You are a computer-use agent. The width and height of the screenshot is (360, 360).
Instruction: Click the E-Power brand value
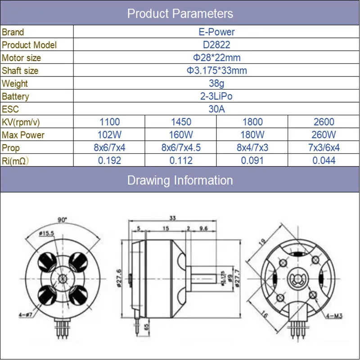[216, 32]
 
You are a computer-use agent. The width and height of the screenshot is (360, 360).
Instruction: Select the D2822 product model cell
[216, 45]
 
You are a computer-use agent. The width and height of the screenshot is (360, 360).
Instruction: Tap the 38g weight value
[216, 84]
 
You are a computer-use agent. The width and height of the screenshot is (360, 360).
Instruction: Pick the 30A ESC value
[216, 109]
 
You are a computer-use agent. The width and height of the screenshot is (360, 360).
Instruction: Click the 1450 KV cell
[181, 122]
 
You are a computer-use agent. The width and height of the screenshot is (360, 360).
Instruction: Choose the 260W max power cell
[324, 135]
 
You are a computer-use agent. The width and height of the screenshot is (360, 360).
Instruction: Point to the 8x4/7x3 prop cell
[252, 148]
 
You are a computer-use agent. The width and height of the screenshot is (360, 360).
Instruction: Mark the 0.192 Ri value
[109, 161]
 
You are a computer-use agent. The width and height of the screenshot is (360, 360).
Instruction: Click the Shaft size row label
[20, 71]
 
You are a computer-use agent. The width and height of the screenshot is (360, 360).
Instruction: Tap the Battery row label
[15, 97]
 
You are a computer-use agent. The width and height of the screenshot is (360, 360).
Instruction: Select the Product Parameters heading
[180, 13]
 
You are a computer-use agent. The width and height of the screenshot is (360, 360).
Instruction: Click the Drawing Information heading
[180, 180]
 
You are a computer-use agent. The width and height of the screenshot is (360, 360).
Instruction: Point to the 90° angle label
[62, 220]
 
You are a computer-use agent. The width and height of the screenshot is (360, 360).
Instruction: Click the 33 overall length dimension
[173, 218]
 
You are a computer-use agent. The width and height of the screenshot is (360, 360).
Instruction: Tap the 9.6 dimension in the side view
[204, 229]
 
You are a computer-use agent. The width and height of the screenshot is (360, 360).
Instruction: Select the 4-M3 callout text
[334, 316]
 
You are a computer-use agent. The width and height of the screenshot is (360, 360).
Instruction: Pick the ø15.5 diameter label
[47, 234]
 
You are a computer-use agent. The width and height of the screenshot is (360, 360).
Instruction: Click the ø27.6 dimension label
[119, 278]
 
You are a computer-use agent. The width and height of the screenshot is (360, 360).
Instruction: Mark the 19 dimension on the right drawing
[262, 242]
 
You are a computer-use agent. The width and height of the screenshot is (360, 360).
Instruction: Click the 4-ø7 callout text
[26, 315]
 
